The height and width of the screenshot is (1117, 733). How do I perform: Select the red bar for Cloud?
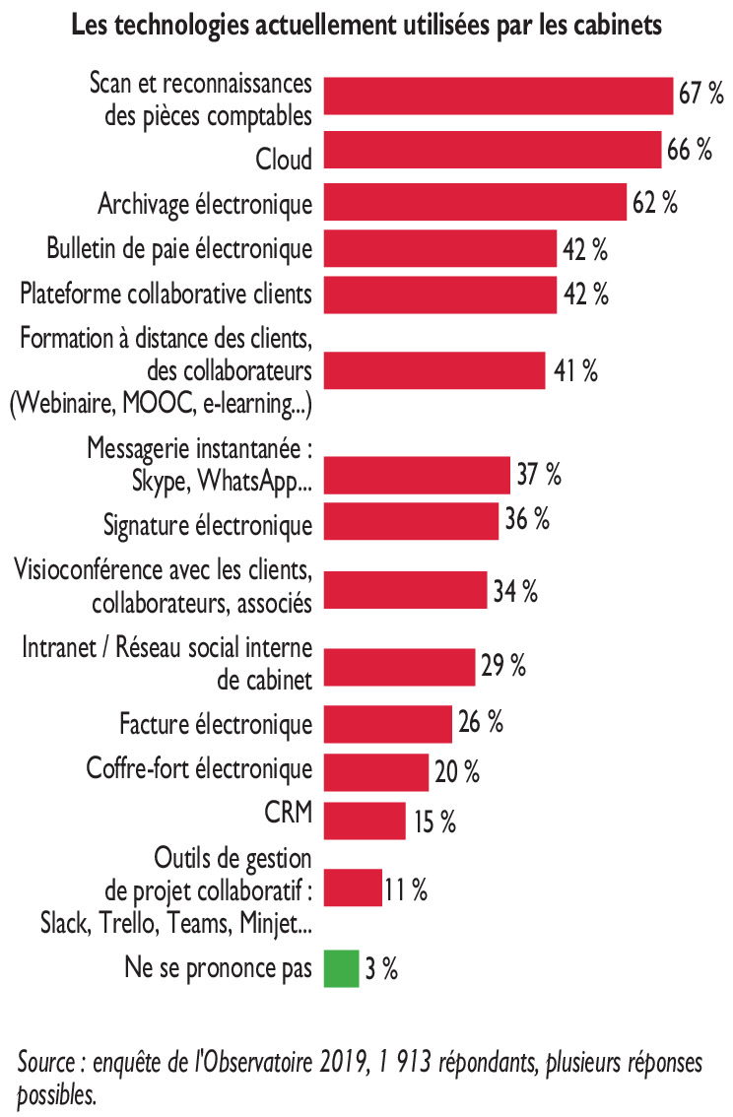[492, 151]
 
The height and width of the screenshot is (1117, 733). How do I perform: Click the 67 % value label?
[700, 95]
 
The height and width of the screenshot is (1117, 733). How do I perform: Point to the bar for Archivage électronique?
[475, 202]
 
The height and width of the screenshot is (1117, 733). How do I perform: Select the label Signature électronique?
[208, 523]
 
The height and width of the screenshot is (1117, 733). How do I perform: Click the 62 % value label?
[655, 203]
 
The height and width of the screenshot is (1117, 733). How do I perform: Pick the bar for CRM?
[365, 820]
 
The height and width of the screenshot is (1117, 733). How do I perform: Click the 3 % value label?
[381, 969]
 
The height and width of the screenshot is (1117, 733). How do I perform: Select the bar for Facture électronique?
[387, 724]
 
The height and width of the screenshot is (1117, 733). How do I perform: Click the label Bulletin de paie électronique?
[180, 248]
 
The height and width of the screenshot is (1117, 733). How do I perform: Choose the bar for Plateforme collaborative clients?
[439, 294]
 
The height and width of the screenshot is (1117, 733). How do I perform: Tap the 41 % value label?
[573, 371]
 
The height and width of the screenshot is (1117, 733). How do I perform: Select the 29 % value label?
[503, 666]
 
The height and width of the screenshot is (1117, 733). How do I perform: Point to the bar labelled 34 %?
[405, 591]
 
